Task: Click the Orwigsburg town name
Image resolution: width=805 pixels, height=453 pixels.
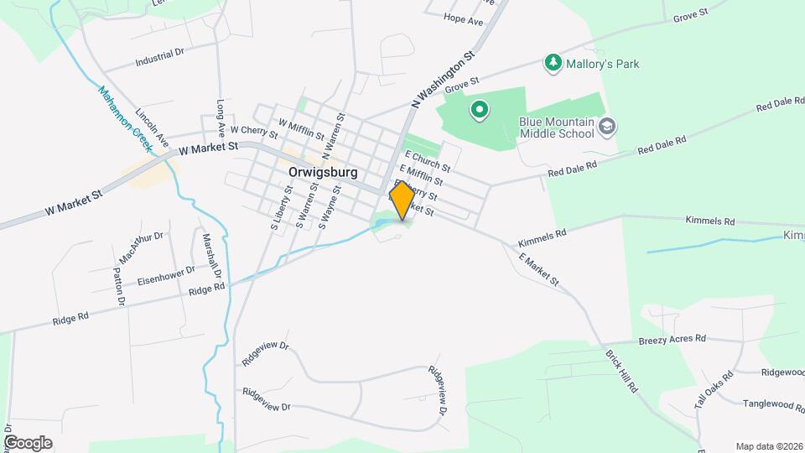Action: (323, 172)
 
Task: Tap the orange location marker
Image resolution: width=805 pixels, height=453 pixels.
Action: (402, 200)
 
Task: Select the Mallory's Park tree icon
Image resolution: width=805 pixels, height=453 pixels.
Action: (553, 62)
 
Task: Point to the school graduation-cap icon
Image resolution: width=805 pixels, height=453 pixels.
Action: (608, 127)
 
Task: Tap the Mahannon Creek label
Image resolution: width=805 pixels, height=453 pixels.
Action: (124, 118)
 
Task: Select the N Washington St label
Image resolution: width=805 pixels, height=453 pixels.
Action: (444, 77)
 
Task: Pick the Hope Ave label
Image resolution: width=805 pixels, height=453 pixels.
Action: (465, 18)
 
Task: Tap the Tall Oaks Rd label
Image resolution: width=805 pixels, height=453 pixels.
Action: (714, 389)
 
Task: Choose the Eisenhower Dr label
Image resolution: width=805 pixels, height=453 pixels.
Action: (166, 275)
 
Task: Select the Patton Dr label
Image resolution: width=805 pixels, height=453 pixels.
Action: (118, 285)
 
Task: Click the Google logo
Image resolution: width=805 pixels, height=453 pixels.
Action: (28, 442)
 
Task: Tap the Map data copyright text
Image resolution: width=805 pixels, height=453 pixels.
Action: (770, 446)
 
